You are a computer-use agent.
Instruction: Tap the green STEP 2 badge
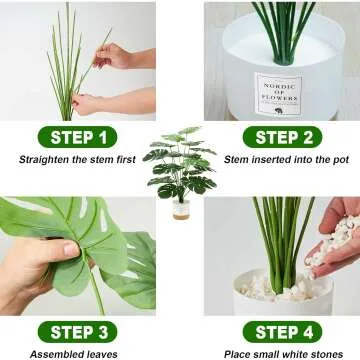[283, 137]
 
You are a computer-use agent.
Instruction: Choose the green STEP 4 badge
[283, 331]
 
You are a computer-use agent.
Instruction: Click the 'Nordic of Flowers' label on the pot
[279, 93]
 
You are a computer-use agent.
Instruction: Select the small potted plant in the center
[181, 165]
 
